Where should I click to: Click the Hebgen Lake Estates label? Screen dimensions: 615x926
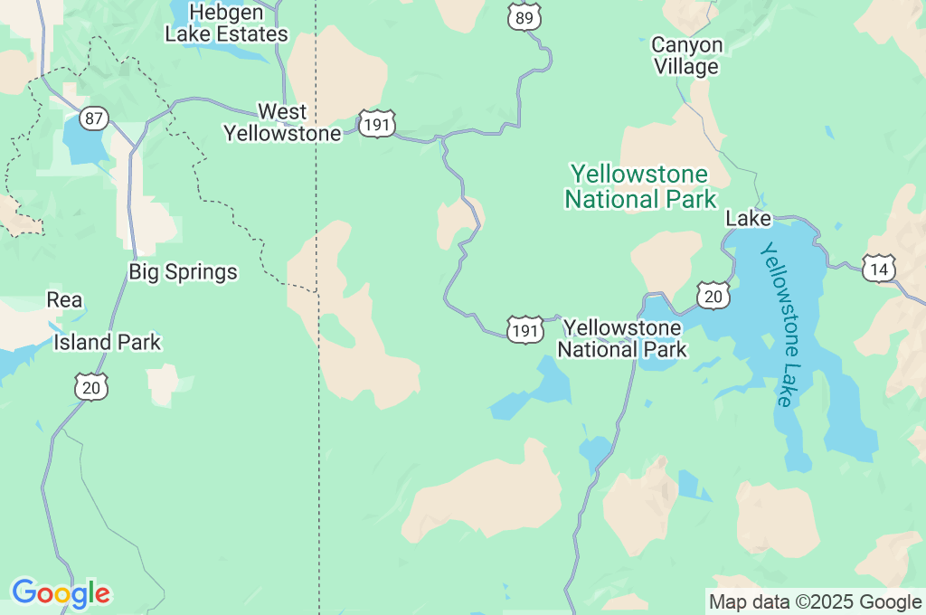pyautogui.click(x=226, y=24)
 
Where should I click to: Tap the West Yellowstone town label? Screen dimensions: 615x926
pyautogui.click(x=282, y=123)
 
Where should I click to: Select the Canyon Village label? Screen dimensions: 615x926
pyautogui.click(x=687, y=55)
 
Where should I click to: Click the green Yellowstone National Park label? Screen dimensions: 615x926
pyautogui.click(x=640, y=186)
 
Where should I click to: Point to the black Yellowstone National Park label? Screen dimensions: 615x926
pyautogui.click(x=622, y=337)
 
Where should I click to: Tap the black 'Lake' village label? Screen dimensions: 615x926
pyautogui.click(x=748, y=219)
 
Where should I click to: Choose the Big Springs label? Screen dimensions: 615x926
pyautogui.click(x=183, y=271)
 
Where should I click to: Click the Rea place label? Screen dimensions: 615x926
pyautogui.click(x=64, y=299)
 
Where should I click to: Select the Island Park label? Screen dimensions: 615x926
pyautogui.click(x=107, y=342)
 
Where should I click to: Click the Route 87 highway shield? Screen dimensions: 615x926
pyautogui.click(x=93, y=118)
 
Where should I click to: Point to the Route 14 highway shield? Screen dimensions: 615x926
pyautogui.click(x=878, y=269)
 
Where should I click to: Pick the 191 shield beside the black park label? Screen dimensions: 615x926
pyautogui.click(x=524, y=330)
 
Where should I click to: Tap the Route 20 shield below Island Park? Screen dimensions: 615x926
pyautogui.click(x=90, y=386)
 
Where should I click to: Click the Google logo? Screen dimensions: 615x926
pyautogui.click(x=61, y=593)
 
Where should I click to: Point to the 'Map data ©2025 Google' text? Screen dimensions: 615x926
pyautogui.click(x=815, y=601)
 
